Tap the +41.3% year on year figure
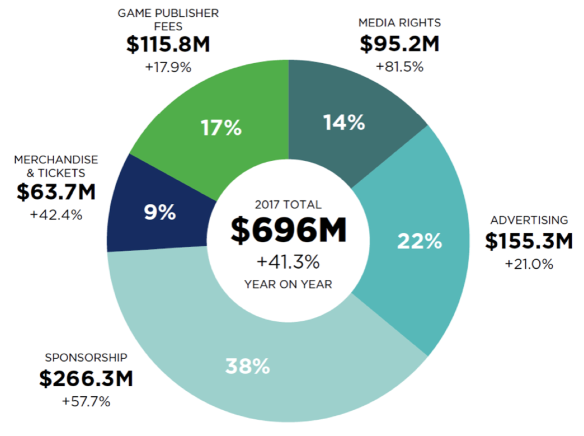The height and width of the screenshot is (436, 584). point(288,262)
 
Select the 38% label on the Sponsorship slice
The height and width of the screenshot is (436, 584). point(248,366)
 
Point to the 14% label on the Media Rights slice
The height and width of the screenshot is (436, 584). point(344,123)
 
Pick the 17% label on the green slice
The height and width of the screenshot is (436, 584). point(221,128)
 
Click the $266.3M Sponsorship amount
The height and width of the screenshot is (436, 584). point(86,378)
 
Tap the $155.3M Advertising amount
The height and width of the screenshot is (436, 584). point(529,241)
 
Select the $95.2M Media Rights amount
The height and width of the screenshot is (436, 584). point(400,44)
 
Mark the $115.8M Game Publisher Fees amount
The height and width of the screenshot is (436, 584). point(168,44)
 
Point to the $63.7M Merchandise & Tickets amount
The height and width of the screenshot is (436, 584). point(56,192)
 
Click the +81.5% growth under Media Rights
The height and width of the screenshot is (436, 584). point(400,67)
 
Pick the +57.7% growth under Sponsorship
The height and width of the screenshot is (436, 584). point(86,401)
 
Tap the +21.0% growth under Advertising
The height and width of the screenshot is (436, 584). point(529,264)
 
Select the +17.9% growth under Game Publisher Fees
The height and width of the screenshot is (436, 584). point(168,67)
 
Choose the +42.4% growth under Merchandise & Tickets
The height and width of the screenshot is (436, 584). point(56,215)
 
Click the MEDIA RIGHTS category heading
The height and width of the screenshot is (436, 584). point(400,23)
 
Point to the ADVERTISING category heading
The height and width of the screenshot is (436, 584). point(529,220)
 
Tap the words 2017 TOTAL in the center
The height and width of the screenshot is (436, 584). point(288,205)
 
